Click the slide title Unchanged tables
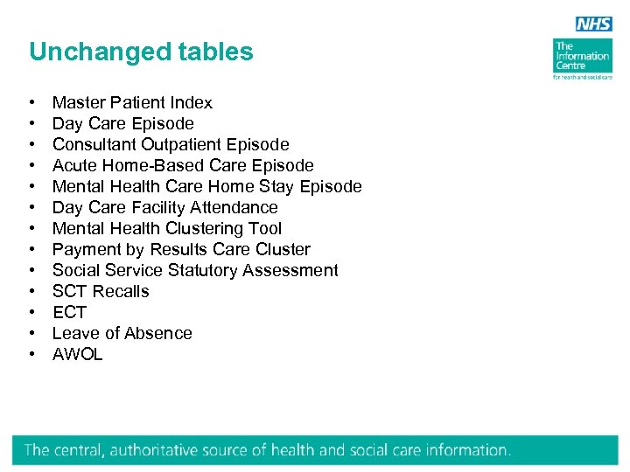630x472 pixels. point(141,52)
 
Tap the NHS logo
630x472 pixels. point(594,24)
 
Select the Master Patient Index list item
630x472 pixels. point(132,103)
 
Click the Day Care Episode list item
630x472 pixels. point(122,124)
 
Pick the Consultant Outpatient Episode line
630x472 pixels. point(171,145)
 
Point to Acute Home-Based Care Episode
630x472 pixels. point(183,166)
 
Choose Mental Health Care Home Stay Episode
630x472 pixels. point(206,187)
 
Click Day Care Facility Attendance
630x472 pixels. point(164,208)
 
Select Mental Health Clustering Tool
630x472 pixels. point(167,229)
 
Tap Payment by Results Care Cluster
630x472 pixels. point(181,250)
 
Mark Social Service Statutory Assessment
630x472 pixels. point(195,271)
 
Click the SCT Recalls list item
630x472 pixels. point(101,292)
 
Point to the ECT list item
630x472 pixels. point(70,313)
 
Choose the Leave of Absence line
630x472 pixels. point(122,334)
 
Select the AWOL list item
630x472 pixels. point(78,355)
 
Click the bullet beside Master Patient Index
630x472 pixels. point(31,103)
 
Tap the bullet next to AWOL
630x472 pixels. point(31,355)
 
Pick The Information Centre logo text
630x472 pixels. point(582,56)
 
